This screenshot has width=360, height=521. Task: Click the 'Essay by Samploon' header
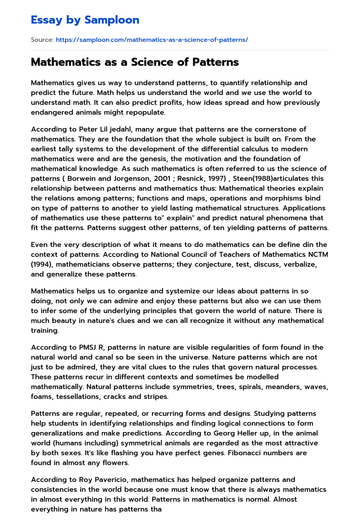pos(85,20)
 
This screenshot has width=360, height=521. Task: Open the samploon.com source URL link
pos(152,40)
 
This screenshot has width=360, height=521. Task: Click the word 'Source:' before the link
pos(42,40)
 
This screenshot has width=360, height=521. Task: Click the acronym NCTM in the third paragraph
pos(316,254)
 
